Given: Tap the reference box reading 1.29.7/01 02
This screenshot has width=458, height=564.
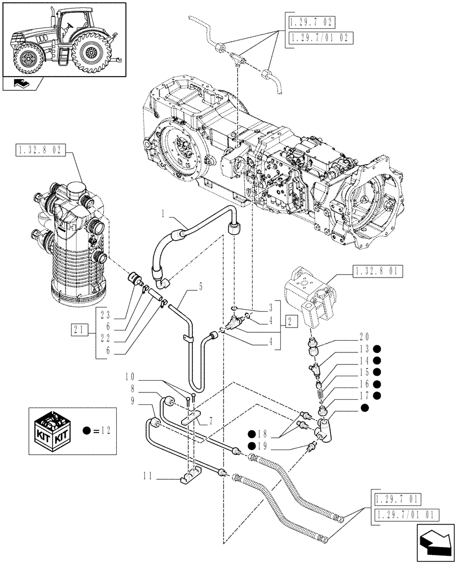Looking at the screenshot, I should [x=312, y=38].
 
